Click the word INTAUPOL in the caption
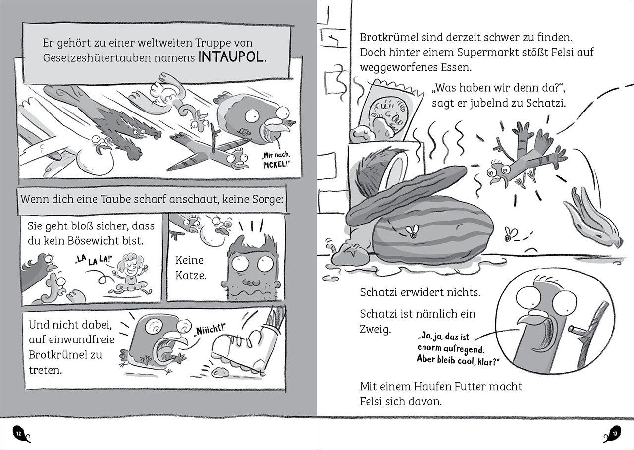click(231, 57)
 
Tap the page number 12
click(19, 433)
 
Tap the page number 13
click(615, 433)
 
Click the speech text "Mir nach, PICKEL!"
click(276, 160)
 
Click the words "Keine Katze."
click(191, 267)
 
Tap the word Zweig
click(375, 330)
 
